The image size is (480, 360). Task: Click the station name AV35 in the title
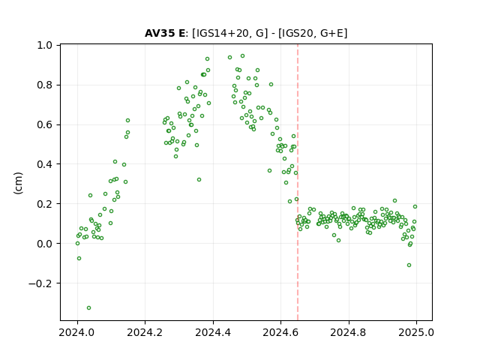pyautogui.click(x=160, y=33)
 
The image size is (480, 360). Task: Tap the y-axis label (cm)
pyautogui.click(x=18, y=183)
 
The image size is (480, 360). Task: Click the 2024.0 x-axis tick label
pyautogui.click(x=77, y=332)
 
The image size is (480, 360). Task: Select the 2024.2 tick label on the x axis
pyautogui.click(x=145, y=332)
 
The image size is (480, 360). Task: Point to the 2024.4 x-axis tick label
pyautogui.click(x=213, y=332)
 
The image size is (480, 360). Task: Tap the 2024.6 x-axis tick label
pyautogui.click(x=280, y=332)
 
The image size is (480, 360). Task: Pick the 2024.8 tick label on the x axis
pyautogui.click(x=348, y=332)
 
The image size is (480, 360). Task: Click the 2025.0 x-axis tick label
pyautogui.click(x=416, y=332)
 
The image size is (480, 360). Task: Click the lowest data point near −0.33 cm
pyautogui.click(x=88, y=307)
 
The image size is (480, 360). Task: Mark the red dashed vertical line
pyautogui.click(x=298, y=182)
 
